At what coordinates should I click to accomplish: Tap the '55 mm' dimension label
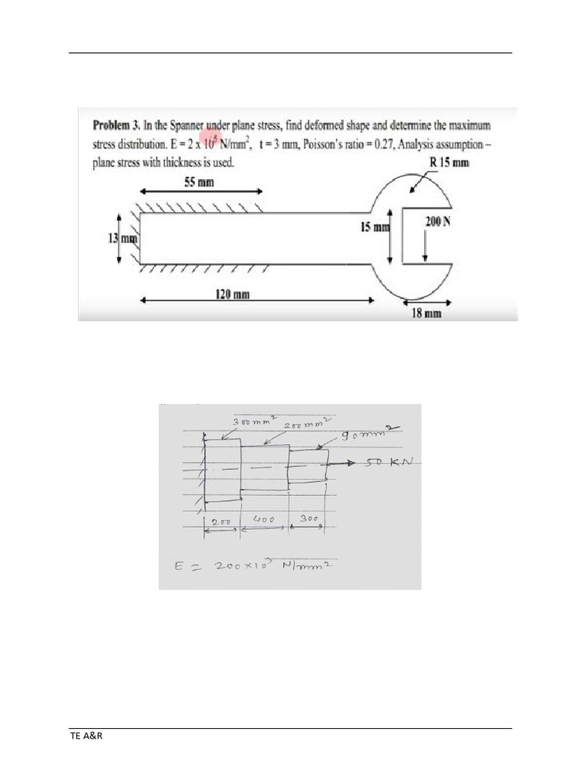coord(200,182)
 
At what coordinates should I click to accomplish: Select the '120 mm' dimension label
coord(234,294)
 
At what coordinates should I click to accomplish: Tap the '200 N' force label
coord(438,221)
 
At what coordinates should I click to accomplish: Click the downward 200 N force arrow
coord(425,246)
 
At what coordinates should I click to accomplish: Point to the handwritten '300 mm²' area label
coord(250,422)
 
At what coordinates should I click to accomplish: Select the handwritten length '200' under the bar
coord(222,522)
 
